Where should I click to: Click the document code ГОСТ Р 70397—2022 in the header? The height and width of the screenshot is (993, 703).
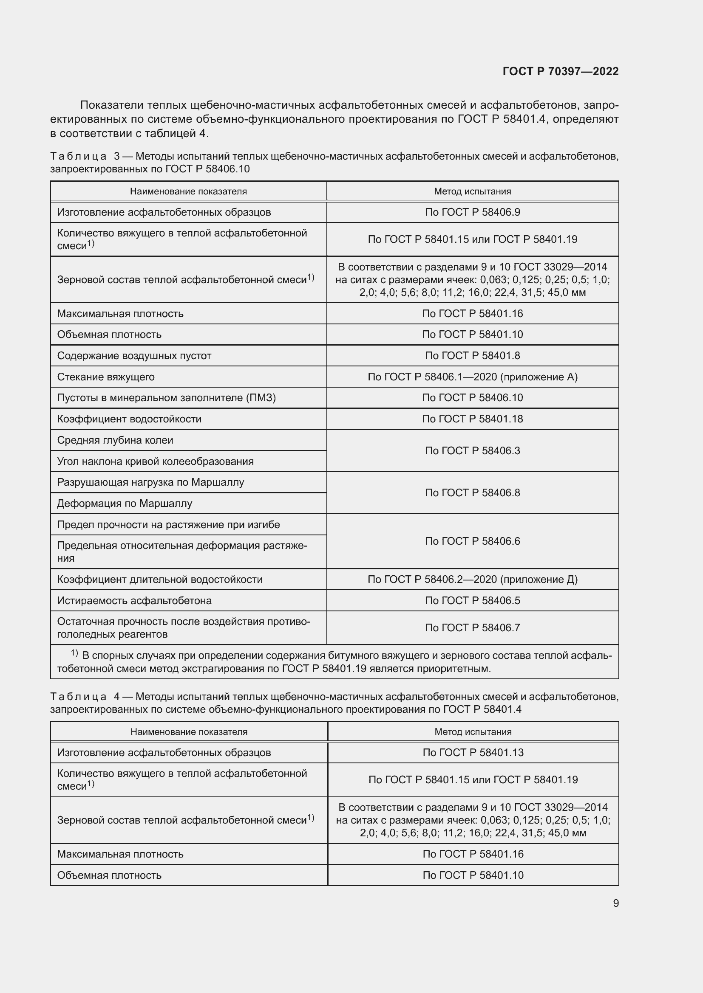(x=560, y=71)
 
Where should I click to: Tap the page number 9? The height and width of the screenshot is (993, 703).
(x=615, y=903)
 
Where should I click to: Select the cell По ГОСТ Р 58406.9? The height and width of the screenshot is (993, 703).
(x=472, y=212)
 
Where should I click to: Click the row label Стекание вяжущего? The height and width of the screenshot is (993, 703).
(x=106, y=377)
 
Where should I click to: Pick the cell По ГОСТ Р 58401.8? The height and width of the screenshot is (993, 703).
(x=472, y=355)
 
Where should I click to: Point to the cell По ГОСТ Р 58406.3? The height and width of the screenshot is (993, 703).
(x=472, y=451)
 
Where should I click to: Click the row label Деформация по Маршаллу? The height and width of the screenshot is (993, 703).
(x=125, y=504)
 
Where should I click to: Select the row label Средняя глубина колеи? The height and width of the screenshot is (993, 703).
(x=115, y=440)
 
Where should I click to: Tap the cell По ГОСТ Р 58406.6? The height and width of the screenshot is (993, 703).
(x=472, y=541)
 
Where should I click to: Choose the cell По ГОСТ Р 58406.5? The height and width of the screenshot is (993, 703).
(x=472, y=600)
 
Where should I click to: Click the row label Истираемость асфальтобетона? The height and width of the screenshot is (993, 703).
(x=135, y=600)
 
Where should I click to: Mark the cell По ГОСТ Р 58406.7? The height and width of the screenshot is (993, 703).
(x=472, y=627)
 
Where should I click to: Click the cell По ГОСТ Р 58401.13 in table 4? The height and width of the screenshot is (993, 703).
(x=473, y=753)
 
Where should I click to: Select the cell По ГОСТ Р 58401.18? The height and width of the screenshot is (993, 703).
(x=472, y=419)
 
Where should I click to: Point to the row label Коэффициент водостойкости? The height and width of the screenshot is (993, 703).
(x=130, y=419)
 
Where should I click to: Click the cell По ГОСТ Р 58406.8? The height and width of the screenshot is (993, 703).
(x=472, y=492)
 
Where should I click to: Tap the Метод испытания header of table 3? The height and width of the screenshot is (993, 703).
(x=472, y=191)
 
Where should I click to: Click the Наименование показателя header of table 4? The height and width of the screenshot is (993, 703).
(x=189, y=732)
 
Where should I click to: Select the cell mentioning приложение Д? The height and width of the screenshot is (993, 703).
(x=472, y=579)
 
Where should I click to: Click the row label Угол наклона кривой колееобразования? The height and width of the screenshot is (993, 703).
(x=156, y=461)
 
